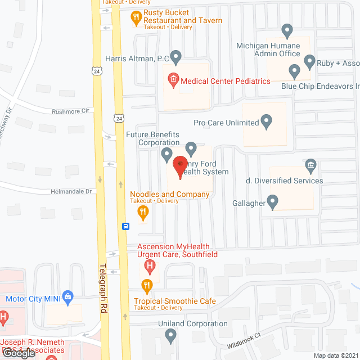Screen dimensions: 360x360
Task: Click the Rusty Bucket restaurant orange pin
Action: pyautogui.click(x=136, y=18)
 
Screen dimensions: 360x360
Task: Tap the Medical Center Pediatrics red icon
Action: pyautogui.click(x=173, y=81)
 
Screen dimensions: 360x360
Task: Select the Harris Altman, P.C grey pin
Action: pyautogui.click(x=175, y=56)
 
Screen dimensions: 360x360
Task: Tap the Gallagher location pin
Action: pyautogui.click(x=273, y=201)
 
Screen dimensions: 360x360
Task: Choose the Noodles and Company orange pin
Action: pyautogui.click(x=143, y=212)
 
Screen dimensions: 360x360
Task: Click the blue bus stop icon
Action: pyautogui.click(x=126, y=226)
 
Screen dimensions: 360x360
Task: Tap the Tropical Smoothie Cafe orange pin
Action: pyautogui.click(x=147, y=286)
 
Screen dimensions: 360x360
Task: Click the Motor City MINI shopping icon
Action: pyautogui.click(x=68, y=296)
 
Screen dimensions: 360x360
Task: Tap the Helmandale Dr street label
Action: pyautogui.click(x=71, y=191)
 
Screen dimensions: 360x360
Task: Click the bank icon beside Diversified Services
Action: pyautogui.click(x=310, y=165)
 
